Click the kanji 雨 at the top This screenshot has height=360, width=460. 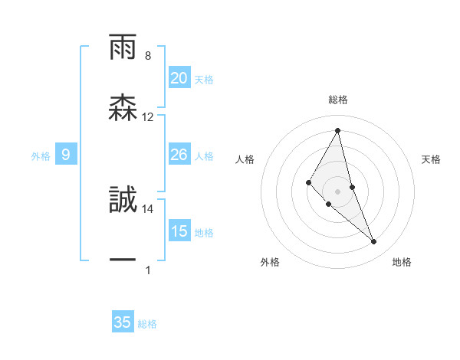click(x=123, y=47)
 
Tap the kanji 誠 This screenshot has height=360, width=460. click(x=123, y=201)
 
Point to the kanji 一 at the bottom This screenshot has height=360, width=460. click(x=123, y=260)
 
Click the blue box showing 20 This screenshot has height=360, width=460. click(x=179, y=78)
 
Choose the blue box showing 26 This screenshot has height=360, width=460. click(x=179, y=155)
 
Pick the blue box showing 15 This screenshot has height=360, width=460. click(x=179, y=231)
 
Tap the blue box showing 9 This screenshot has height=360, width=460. click(x=66, y=155)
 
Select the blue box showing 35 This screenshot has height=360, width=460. click(x=123, y=322)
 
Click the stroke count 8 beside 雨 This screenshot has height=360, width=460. click(x=148, y=56)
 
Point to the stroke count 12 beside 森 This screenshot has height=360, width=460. click(x=148, y=117)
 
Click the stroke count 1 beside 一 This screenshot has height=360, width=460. click(x=148, y=270)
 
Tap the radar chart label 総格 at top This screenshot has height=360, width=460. click(x=338, y=100)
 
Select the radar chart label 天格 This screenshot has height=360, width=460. click(x=432, y=159)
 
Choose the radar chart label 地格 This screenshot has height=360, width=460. click(x=402, y=262)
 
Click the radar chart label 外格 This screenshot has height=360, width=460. click(x=270, y=262)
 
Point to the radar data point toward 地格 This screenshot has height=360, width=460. click(x=374, y=242)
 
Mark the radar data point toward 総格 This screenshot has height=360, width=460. click(x=338, y=130)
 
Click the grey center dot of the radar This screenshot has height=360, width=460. click(x=338, y=191)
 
